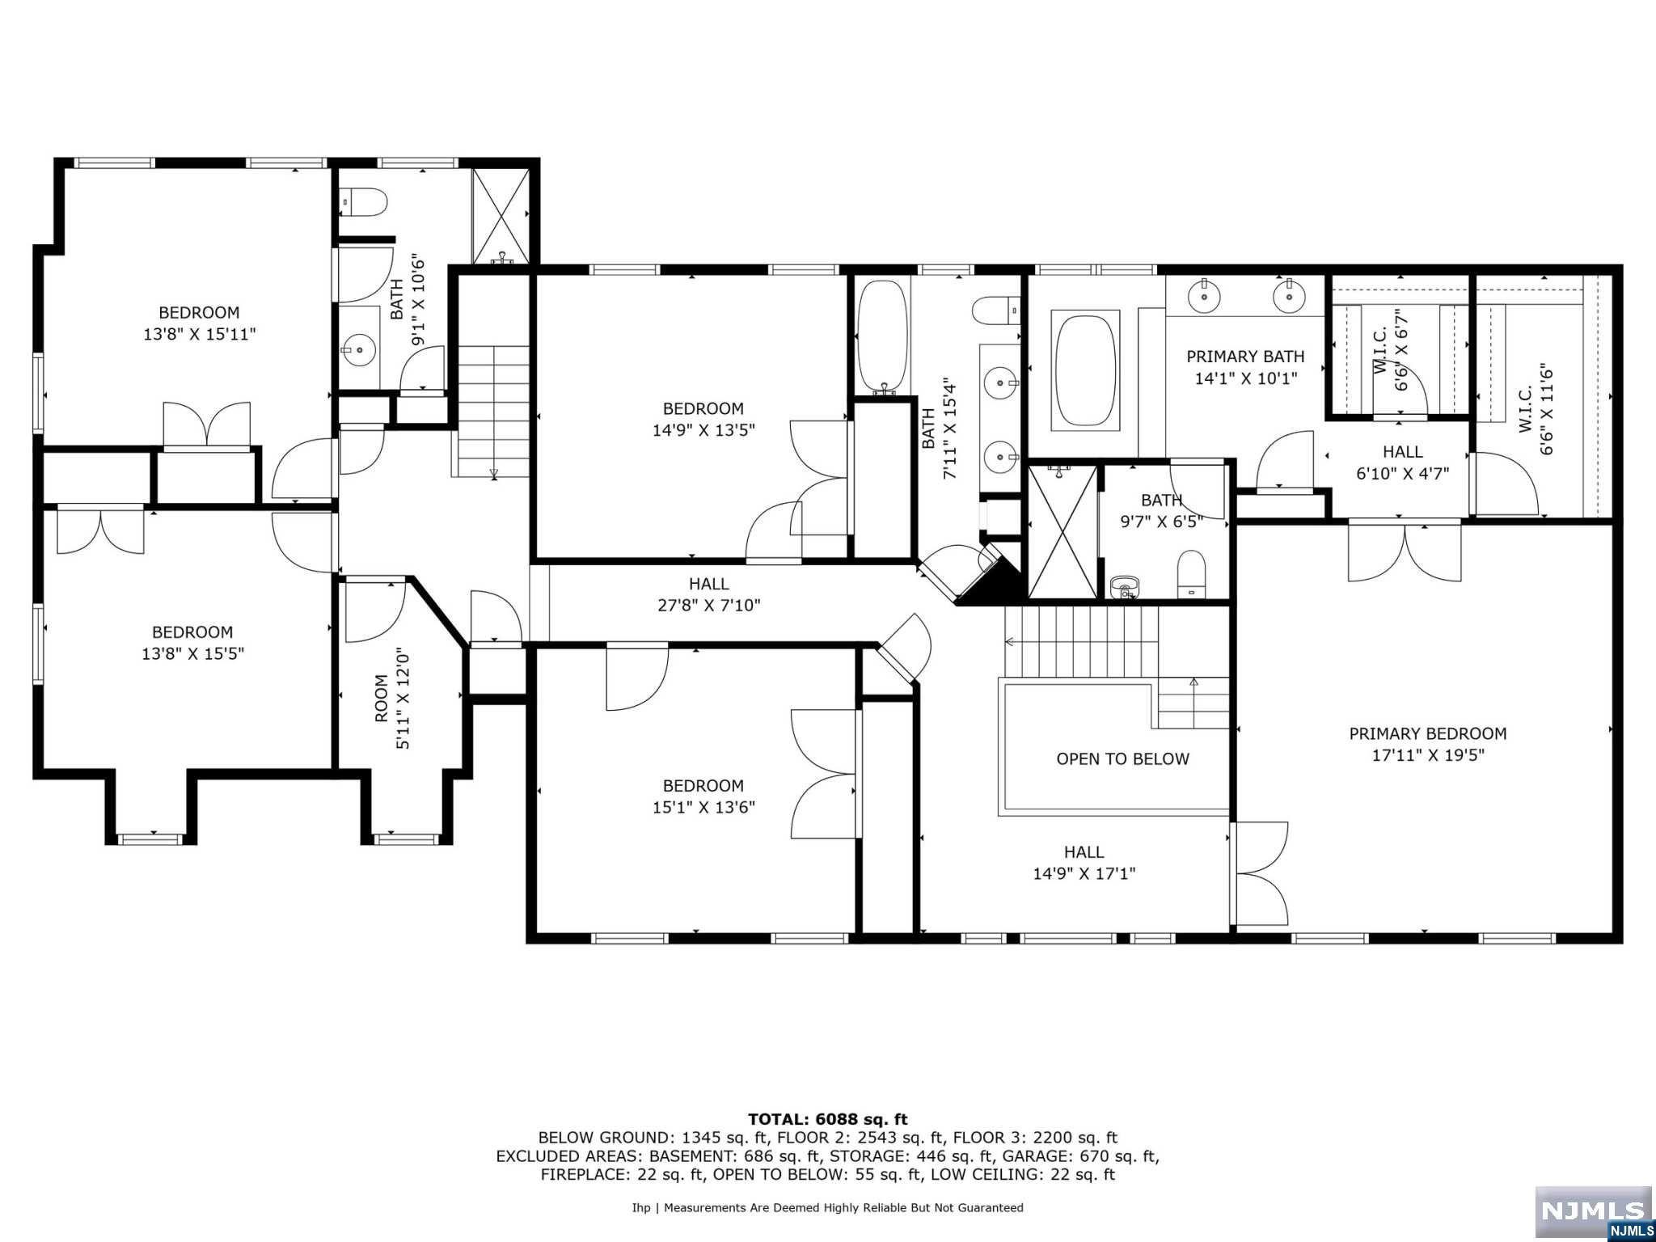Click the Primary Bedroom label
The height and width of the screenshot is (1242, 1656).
1427,733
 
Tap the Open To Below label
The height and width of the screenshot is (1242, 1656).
1122,758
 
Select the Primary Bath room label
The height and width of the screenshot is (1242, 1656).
1245,357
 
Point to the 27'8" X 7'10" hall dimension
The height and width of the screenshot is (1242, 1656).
709,605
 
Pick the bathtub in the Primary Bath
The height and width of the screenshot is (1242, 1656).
1085,370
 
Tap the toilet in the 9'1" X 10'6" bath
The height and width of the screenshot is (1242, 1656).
363,201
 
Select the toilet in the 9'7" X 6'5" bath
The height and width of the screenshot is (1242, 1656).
1191,574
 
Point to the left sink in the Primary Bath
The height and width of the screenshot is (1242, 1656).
1205,296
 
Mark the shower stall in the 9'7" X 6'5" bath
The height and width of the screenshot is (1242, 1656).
1062,531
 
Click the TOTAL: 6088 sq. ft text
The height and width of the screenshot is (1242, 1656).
827,1119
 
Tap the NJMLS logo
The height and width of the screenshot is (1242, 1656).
1594,1212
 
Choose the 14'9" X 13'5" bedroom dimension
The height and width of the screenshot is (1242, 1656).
703,430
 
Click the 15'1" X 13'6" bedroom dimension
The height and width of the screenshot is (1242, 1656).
703,807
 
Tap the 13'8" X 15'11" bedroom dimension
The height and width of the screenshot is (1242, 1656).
200,334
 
